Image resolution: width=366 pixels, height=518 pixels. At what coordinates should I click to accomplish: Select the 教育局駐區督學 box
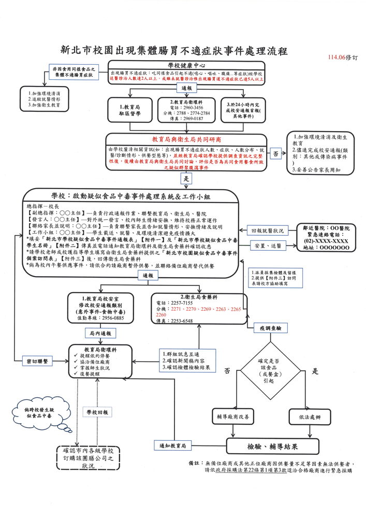coord(130,109)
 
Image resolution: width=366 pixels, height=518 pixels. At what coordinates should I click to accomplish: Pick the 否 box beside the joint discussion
coord(275,154)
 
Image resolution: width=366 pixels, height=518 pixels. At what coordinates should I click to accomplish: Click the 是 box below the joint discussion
coord(185,178)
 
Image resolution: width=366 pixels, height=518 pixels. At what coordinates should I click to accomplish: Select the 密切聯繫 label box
coord(37,361)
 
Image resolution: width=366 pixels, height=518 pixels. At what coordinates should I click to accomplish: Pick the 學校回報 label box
coord(97,412)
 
